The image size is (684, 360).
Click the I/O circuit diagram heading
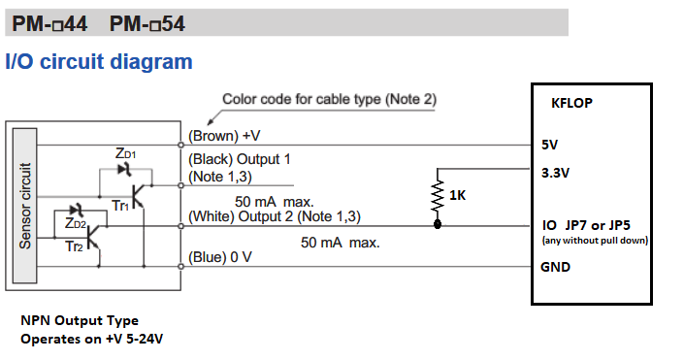pos(99,62)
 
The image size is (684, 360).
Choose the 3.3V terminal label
pos(556,174)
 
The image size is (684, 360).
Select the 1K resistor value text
pos(458,197)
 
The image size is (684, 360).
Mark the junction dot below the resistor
pos(438,225)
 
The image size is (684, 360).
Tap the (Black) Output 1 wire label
pos(240,157)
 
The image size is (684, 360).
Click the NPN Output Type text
pos(80,320)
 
